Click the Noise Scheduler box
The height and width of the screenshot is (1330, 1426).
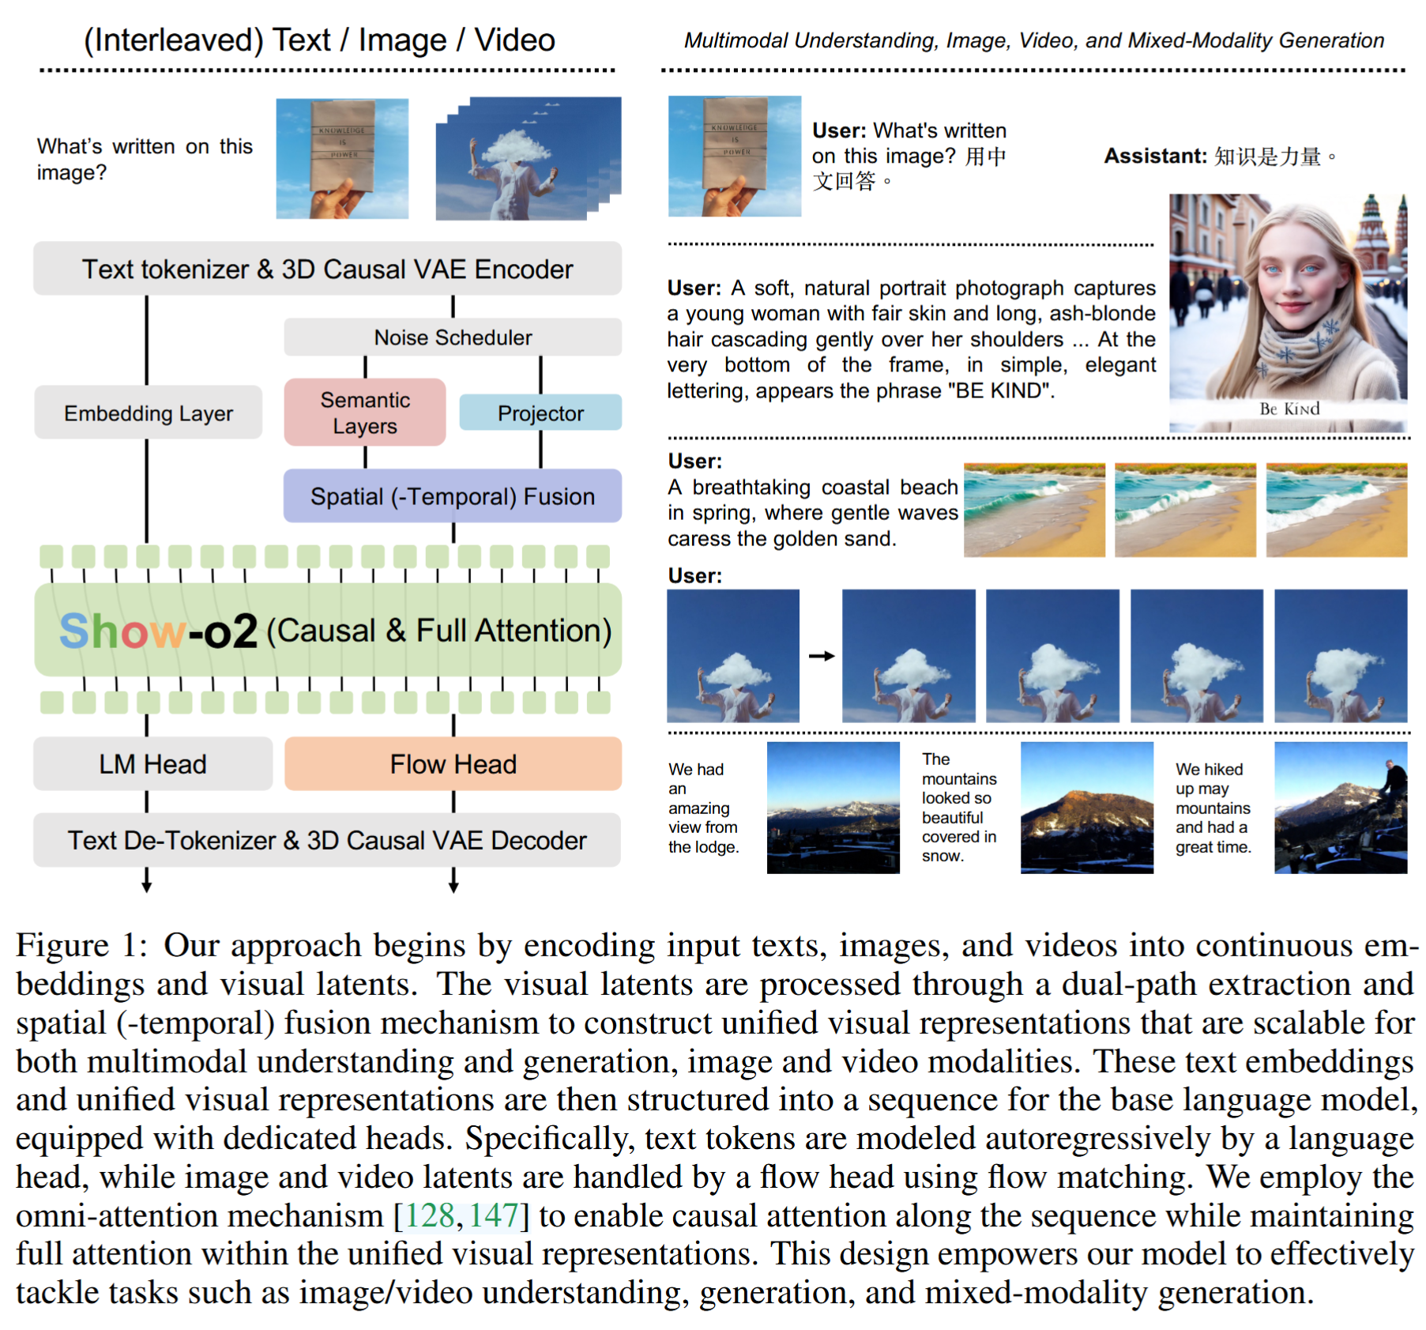point(453,337)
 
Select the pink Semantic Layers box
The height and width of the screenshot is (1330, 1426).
point(365,413)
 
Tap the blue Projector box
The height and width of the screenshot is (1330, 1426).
point(540,413)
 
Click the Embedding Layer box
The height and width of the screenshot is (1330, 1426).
point(149,413)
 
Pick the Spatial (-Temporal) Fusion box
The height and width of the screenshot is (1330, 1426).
point(453,496)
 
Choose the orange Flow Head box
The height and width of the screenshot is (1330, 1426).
point(453,764)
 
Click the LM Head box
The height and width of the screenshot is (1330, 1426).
point(152,764)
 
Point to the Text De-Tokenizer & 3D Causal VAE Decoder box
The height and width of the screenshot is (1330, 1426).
point(327,840)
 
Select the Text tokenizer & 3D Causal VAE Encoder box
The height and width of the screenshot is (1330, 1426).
point(327,269)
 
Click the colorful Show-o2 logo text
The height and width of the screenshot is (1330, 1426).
point(158,631)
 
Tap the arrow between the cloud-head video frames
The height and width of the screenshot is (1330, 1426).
point(822,656)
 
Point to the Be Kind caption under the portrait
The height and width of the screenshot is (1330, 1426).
point(1289,409)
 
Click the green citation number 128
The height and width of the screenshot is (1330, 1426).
point(430,1215)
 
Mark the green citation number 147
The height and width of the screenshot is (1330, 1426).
point(493,1215)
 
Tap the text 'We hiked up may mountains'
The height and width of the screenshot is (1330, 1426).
point(1212,798)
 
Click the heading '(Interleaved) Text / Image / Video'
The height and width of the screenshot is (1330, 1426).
point(319,40)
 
